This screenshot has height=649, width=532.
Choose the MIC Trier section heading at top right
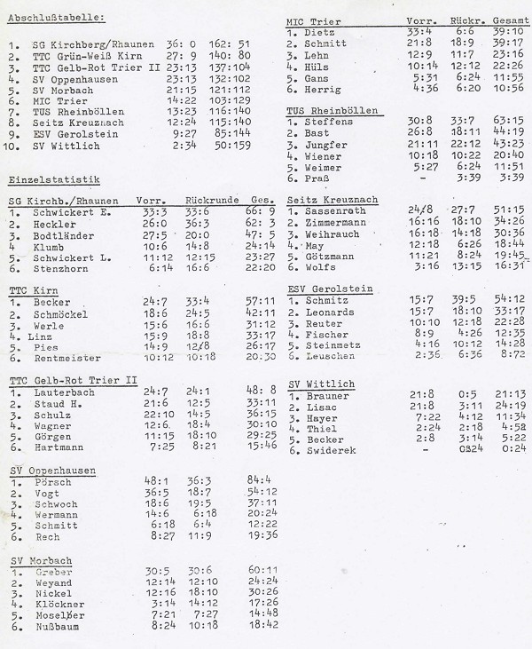point(315,20)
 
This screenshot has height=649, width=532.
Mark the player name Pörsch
point(52,480)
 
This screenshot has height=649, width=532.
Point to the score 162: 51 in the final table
point(231,44)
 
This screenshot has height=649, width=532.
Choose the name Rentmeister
point(72,357)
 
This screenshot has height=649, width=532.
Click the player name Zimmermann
point(340,222)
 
